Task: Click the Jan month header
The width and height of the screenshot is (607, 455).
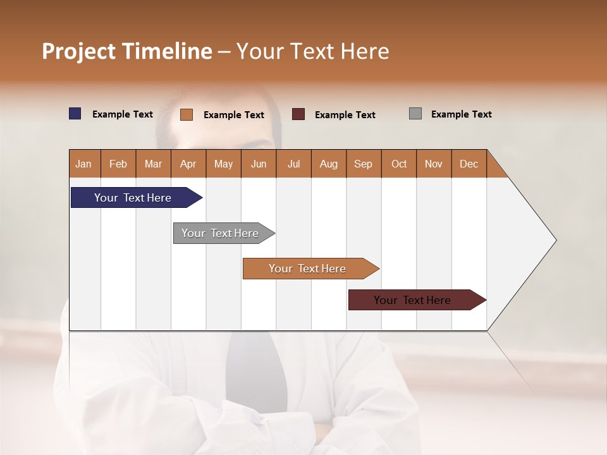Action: click(84, 164)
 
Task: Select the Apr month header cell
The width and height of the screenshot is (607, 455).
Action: click(188, 164)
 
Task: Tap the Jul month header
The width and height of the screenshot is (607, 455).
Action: click(293, 164)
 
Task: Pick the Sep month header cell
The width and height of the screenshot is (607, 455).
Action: click(364, 164)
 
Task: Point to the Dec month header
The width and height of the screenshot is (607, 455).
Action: click(469, 164)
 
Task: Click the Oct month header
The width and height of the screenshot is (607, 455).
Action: click(399, 164)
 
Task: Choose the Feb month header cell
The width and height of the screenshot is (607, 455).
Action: click(118, 164)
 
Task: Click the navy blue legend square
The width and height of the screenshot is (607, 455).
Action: click(75, 114)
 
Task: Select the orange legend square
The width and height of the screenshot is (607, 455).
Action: click(187, 114)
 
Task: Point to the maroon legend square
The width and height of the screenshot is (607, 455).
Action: click(298, 114)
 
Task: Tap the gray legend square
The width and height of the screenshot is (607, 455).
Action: click(415, 114)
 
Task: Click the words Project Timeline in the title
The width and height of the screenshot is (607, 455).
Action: click(126, 51)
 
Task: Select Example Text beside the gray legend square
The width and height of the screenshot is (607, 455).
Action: click(461, 114)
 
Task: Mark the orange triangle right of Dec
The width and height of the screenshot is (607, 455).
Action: click(494, 168)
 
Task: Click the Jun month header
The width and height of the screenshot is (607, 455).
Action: click(259, 164)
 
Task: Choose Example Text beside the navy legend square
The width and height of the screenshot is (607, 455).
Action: click(123, 114)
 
